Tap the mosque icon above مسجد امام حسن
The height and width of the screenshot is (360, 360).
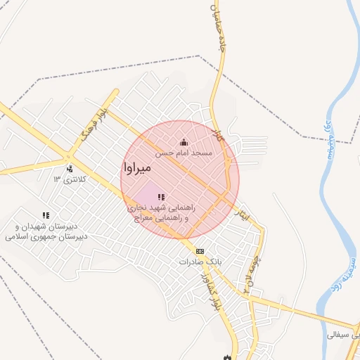[x=184, y=143]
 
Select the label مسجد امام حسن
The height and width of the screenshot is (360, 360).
[x=184, y=153]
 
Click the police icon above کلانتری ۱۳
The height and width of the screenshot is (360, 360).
[x=70, y=169]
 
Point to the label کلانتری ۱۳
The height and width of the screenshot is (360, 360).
[x=70, y=179]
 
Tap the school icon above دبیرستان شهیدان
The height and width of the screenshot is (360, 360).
[x=46, y=215]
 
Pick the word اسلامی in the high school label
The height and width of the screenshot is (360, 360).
[x=19, y=237]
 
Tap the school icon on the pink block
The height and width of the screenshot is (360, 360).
[x=161, y=198]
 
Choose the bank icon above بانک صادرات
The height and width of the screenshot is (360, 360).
[x=200, y=251]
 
